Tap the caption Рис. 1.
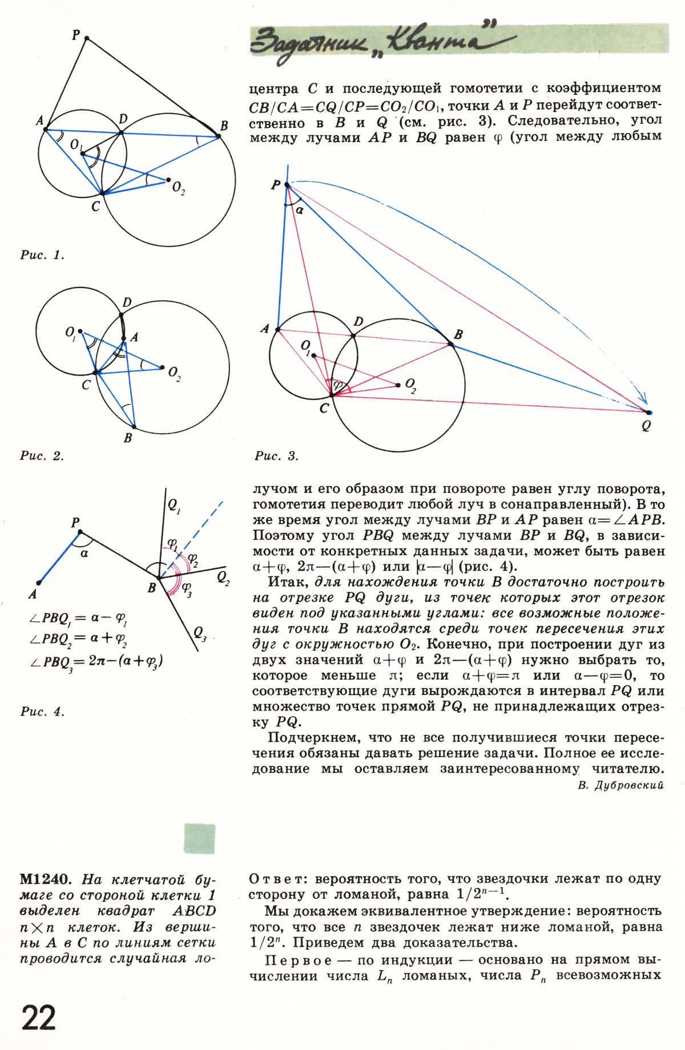tap(42, 255)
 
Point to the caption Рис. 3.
tap(277, 456)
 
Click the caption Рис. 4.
tap(42, 712)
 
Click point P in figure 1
tap(87, 38)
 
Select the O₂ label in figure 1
tap(179, 188)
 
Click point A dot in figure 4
tap(38, 583)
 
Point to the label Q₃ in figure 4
tap(200, 633)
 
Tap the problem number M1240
tap(45, 878)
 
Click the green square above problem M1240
tap(200, 839)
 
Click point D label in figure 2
tap(127, 302)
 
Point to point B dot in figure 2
tap(133, 426)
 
